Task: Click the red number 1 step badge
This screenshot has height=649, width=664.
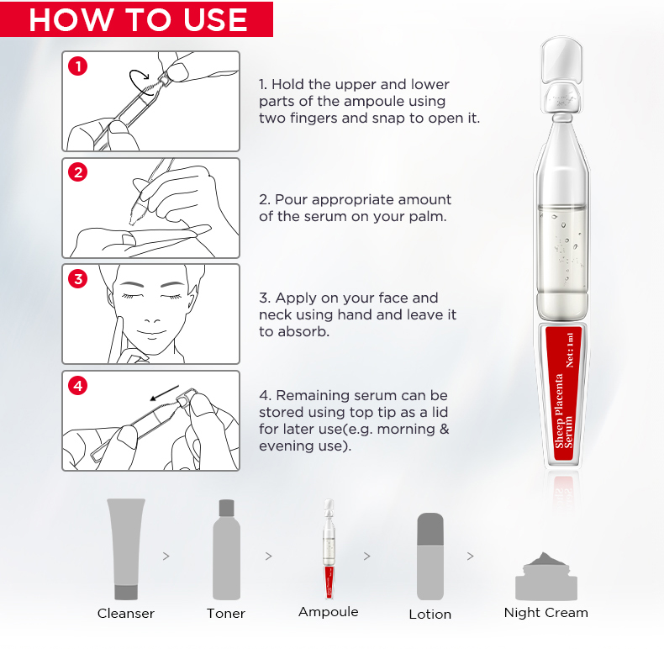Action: click(77, 66)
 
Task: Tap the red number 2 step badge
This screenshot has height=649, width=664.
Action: click(78, 172)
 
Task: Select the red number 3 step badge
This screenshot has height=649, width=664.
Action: click(78, 279)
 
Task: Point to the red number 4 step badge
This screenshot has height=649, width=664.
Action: click(78, 386)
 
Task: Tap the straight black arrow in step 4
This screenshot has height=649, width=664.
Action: click(165, 393)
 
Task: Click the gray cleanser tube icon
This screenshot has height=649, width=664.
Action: click(126, 549)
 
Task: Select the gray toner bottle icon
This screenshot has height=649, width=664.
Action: click(226, 550)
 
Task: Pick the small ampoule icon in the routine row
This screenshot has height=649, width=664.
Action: click(329, 549)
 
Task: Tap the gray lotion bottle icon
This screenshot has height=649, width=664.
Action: click(430, 557)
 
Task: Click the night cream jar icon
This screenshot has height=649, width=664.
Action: click(546, 576)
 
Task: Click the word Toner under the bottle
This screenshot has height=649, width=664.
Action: click(226, 614)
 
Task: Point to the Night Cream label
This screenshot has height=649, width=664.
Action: click(545, 613)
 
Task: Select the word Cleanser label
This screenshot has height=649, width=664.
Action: click(126, 614)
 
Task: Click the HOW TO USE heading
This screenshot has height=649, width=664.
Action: click(138, 19)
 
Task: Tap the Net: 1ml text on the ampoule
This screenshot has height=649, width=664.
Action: click(570, 350)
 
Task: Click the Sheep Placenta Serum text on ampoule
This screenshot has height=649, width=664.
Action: click(564, 411)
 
